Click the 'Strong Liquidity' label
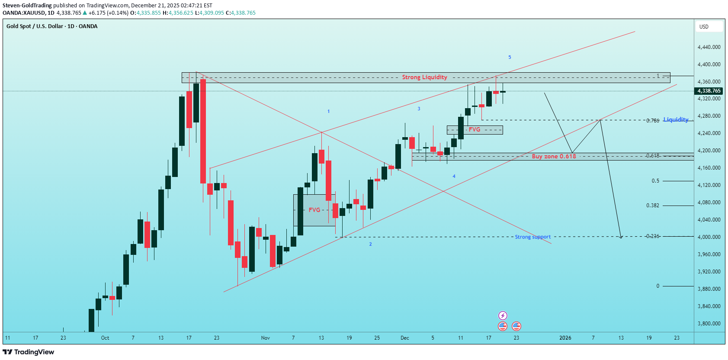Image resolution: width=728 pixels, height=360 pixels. (424, 77)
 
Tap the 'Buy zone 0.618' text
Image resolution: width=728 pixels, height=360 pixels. (554, 156)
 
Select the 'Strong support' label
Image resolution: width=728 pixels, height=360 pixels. (532, 237)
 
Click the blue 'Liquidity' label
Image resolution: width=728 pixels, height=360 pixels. (676, 119)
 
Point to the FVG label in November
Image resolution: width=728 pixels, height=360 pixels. (314, 210)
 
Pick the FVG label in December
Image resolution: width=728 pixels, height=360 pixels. (475, 129)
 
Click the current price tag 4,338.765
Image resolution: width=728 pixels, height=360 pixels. (709, 91)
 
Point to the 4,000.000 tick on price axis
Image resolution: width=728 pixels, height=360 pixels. (709, 237)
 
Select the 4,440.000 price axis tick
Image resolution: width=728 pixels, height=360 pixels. (709, 47)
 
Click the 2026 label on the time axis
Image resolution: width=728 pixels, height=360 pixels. (565, 338)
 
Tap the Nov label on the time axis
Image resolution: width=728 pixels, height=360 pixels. (265, 338)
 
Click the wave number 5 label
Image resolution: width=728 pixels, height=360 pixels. (510, 57)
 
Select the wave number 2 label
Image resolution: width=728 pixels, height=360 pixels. (370, 244)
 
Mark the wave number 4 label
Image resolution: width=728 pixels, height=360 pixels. (454, 177)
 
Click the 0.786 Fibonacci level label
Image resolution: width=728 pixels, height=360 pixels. (653, 121)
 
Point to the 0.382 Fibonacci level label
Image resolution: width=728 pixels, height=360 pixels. (653, 206)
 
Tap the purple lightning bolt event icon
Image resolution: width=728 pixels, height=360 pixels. (503, 315)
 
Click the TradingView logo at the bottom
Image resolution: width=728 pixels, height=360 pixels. (29, 352)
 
